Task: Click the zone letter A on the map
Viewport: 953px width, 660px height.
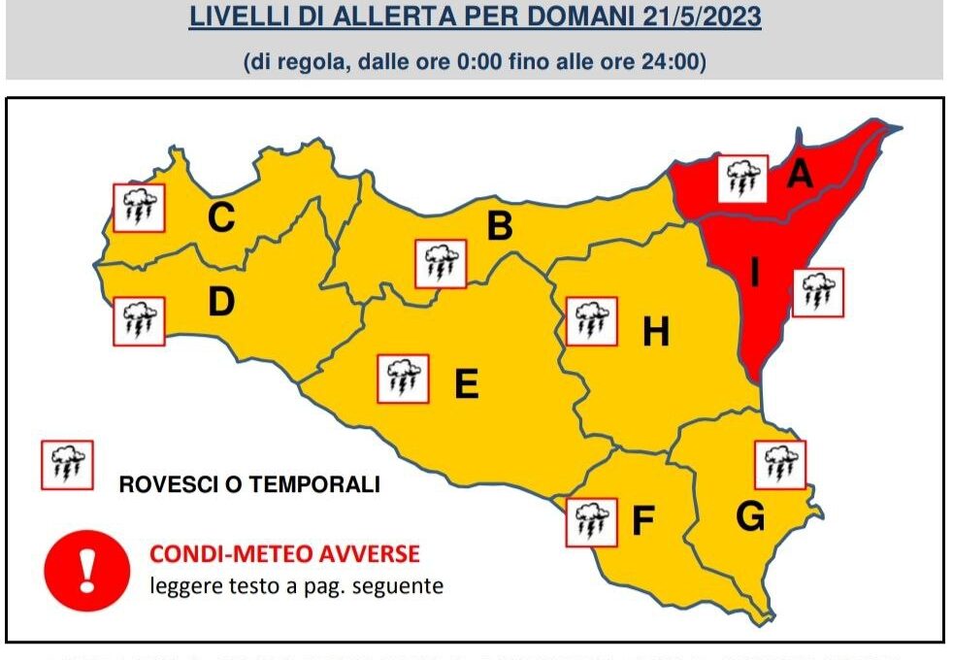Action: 799,174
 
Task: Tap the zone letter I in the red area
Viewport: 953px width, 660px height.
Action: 754,273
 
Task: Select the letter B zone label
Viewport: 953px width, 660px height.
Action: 499,226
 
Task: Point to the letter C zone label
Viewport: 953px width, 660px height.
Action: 221,218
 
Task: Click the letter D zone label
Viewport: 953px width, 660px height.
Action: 221,303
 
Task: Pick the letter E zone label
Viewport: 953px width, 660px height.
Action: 467,385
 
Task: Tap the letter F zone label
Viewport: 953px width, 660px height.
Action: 641,522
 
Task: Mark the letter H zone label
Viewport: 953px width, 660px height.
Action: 656,333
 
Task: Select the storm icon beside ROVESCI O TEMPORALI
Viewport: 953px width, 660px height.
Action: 66,465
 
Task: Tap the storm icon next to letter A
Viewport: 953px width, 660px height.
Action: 743,178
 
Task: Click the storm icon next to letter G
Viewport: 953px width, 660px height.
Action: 780,465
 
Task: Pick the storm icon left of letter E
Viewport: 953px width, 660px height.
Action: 402,379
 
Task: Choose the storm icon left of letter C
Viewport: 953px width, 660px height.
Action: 139,207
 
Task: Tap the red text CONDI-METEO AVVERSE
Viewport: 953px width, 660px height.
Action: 284,554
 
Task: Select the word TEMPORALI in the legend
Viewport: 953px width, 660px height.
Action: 321,484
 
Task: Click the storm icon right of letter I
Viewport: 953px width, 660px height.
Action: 818,292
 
